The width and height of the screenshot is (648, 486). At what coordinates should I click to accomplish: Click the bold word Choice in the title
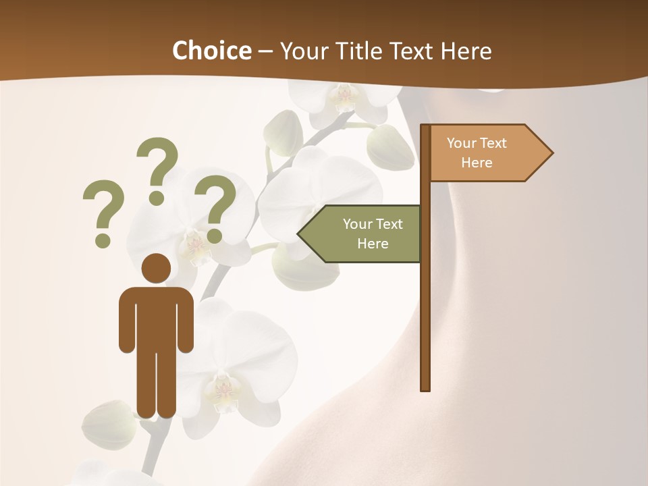pyautogui.click(x=211, y=51)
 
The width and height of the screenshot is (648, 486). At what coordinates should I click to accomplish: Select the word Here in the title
pyautogui.click(x=466, y=51)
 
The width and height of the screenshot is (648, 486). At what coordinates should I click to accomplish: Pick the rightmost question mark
pyautogui.click(x=215, y=207)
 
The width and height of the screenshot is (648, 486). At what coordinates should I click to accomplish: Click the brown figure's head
pyautogui.click(x=157, y=268)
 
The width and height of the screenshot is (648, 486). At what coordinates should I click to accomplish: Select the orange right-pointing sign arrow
pyautogui.click(x=486, y=153)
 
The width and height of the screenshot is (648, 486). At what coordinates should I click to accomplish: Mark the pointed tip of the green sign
pyautogui.click(x=300, y=234)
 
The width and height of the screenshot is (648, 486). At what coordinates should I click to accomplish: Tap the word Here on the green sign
pyautogui.click(x=373, y=244)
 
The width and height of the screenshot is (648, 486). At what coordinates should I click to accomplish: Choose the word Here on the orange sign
pyautogui.click(x=477, y=163)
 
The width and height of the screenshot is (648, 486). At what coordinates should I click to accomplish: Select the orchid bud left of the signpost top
pyautogui.click(x=390, y=146)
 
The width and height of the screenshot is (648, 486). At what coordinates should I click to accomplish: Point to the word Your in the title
pyautogui.click(x=300, y=51)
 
